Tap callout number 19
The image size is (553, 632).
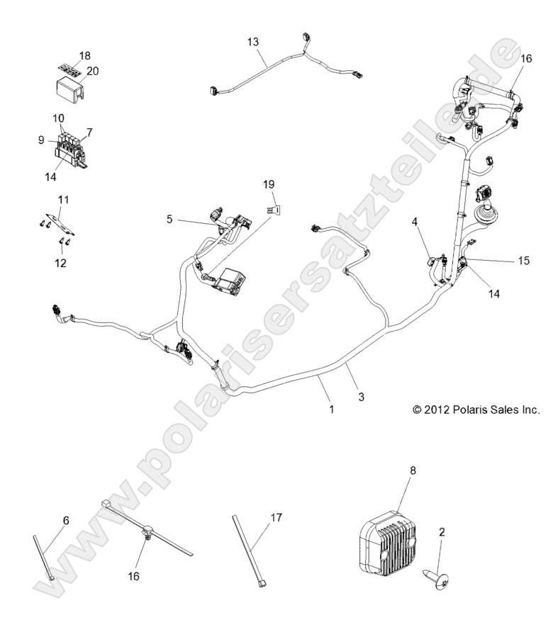[268, 184]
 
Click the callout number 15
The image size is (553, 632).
[523, 261]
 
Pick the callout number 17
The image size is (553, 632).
[276, 518]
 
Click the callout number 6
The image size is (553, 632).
[65, 521]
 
